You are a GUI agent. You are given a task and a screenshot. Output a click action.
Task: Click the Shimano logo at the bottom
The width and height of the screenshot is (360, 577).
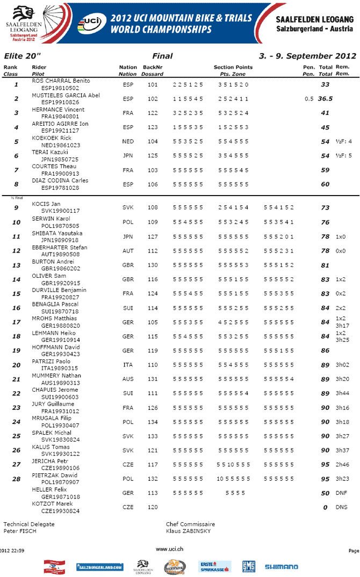tap(281, 567)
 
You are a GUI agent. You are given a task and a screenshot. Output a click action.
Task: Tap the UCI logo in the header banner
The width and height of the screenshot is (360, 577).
tap(90, 23)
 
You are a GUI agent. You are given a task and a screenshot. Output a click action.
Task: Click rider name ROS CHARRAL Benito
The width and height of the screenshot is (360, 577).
tap(60, 81)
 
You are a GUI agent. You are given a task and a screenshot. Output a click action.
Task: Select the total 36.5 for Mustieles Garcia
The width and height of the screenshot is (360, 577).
tap(325, 99)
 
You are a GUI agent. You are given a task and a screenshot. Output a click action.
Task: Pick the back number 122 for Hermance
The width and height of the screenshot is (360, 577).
tap(153, 113)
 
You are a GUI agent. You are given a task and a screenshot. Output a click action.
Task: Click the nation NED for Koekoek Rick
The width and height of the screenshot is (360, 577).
tap(128, 141)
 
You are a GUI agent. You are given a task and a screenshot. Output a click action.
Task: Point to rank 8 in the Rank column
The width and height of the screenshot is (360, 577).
tap(16, 184)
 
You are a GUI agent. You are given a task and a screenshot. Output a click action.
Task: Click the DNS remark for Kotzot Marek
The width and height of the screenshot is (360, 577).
tap(341, 507)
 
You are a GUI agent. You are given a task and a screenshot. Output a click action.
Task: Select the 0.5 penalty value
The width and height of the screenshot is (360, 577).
tap(309, 99)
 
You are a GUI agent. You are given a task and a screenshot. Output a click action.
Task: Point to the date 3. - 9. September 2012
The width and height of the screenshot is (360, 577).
tap(307, 56)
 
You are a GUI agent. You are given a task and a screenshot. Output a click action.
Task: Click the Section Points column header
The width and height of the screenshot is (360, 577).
tap(233, 67)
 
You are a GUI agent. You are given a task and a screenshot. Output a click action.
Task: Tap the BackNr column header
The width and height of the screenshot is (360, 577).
tap(153, 67)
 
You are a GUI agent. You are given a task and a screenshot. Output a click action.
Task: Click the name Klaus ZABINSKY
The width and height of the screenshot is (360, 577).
tap(189, 531)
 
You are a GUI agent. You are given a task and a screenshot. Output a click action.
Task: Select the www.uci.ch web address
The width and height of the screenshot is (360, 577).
tap(170, 549)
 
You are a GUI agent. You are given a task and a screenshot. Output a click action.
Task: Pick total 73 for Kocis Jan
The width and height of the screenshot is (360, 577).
tap(325, 208)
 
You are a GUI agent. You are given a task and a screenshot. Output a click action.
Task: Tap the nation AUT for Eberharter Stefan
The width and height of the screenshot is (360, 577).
tap(128, 251)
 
